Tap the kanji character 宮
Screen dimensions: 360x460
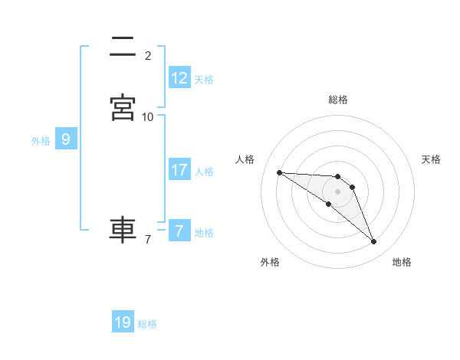coord(123,108)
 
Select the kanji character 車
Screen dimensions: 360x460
coord(123,230)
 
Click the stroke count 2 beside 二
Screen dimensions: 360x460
coord(148,56)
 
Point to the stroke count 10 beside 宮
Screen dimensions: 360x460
coord(148,117)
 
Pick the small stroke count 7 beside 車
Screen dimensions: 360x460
coord(148,240)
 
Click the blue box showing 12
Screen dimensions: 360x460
coord(179,77)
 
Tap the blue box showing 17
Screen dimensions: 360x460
coord(179,169)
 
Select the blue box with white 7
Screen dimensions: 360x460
coord(179,231)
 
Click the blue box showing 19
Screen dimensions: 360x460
coord(123,322)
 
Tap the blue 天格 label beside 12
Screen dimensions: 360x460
coord(204,79)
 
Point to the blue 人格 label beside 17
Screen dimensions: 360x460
coord(204,172)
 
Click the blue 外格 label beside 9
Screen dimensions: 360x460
coord(41,141)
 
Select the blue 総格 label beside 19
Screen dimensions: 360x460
coord(147,324)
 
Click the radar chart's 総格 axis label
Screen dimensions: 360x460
coord(337,100)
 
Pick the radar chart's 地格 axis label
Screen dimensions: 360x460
coord(402,262)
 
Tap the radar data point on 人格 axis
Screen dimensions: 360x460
coord(279,172)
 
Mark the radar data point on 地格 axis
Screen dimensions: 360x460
coord(373,242)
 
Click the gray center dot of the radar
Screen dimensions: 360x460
coord(337,191)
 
